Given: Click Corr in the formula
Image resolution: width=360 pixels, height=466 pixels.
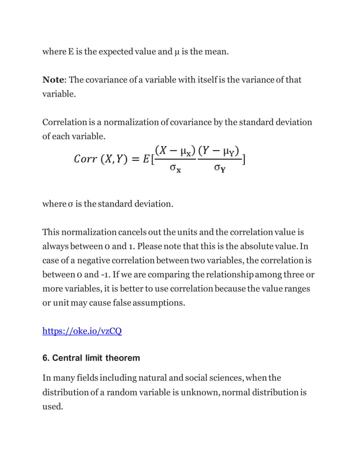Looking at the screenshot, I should (x=86, y=159).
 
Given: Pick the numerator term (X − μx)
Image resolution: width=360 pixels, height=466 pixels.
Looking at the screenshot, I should (x=175, y=151).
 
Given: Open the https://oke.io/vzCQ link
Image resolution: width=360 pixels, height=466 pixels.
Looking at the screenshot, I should (x=82, y=331).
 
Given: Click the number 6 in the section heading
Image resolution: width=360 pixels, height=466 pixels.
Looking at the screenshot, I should (x=46, y=358).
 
